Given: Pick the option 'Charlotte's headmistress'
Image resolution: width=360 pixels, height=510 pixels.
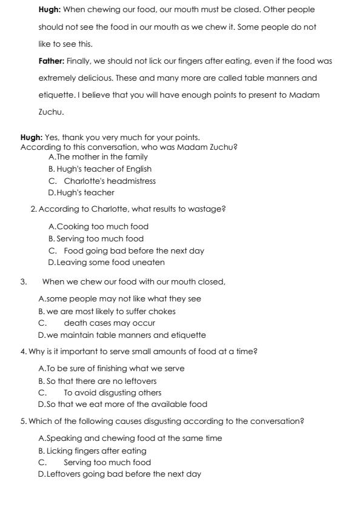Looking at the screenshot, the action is point(110,181).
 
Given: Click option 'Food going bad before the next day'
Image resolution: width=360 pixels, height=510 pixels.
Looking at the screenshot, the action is point(134,250).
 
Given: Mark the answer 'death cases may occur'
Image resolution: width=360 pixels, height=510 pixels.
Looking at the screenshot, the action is point(109,323).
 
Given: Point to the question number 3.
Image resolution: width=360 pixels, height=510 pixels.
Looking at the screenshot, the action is point(23,282).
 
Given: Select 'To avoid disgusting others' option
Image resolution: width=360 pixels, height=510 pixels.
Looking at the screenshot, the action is point(113,392).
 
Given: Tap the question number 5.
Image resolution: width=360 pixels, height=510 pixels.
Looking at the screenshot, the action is point(23,421).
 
